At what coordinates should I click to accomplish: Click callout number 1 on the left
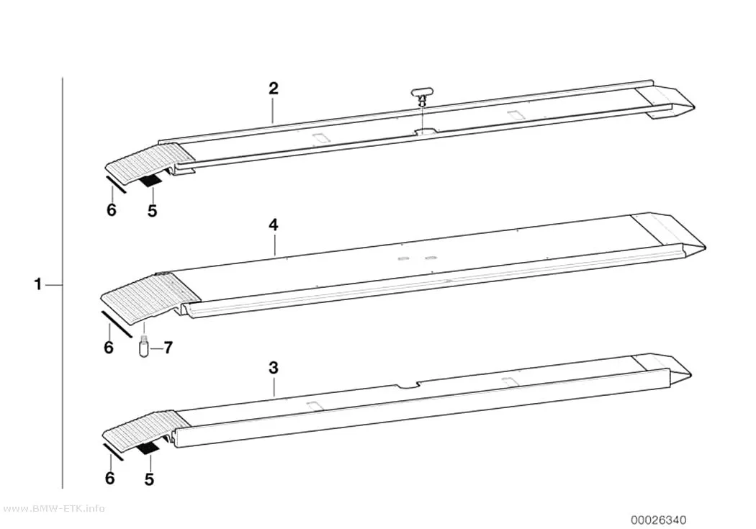[38, 284]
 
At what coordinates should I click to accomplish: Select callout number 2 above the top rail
[274, 89]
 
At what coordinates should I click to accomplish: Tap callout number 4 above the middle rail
[274, 225]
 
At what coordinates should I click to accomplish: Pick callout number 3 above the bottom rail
[274, 368]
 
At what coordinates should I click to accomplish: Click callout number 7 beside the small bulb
[167, 348]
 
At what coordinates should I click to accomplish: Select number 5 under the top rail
[153, 211]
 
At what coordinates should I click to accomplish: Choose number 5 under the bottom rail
[150, 479]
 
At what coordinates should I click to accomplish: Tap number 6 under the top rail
[112, 210]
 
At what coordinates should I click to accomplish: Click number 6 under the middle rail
[109, 347]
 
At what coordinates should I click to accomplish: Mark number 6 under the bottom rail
[110, 478]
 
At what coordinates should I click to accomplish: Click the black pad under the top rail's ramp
[150, 181]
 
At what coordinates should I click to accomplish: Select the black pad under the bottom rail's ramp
[148, 448]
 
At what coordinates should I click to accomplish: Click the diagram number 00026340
[659, 520]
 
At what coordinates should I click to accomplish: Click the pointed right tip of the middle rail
[706, 249]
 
